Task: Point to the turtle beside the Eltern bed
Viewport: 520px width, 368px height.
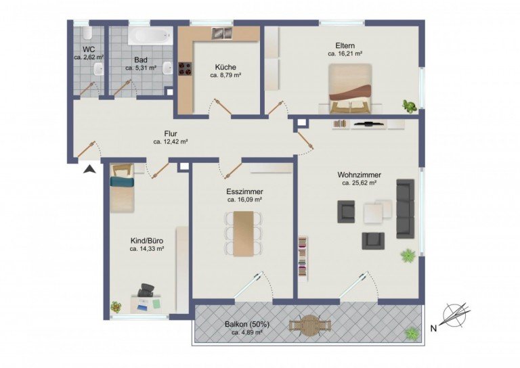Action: click(x=410, y=106)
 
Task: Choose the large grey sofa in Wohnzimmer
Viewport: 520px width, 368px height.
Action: click(x=405, y=208)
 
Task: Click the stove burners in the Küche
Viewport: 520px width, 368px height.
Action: click(x=186, y=68)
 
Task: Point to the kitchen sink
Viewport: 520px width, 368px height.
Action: click(x=222, y=33)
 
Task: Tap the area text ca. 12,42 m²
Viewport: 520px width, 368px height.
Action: click(x=170, y=142)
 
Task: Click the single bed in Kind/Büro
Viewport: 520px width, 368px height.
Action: click(x=122, y=187)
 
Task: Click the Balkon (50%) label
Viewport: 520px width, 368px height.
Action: click(x=246, y=324)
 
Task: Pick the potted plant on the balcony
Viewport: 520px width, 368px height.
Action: click(x=411, y=333)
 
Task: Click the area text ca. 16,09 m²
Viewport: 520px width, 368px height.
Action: click(x=244, y=200)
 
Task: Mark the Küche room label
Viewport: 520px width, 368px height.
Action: click(x=225, y=67)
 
